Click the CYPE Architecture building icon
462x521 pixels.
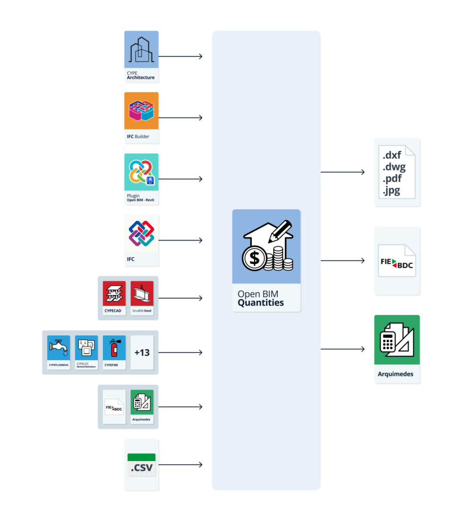(x=141, y=50)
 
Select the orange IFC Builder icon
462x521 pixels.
(x=141, y=111)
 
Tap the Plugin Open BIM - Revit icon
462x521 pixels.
(x=141, y=172)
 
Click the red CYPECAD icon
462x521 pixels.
(x=114, y=294)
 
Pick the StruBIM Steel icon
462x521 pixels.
(x=142, y=294)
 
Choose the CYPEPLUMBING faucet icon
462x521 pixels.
(x=59, y=348)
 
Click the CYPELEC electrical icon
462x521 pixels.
(x=86, y=348)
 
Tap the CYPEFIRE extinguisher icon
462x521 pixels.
(x=114, y=348)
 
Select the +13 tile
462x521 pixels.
(x=142, y=352)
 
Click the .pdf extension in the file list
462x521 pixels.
(x=392, y=179)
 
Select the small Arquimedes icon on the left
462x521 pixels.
(x=142, y=403)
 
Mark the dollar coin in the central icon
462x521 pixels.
(x=254, y=258)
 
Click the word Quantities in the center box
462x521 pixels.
(x=261, y=303)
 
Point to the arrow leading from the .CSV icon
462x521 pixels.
(x=181, y=465)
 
